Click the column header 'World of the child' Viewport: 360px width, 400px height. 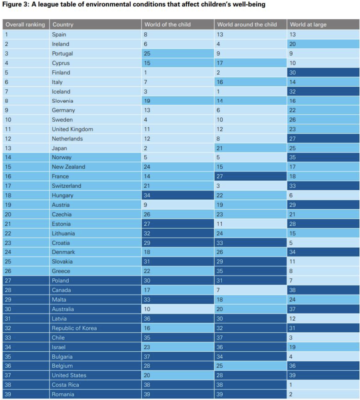[x=167, y=24]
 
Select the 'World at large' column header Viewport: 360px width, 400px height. [x=308, y=24]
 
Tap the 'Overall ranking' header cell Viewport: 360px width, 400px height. [x=25, y=24]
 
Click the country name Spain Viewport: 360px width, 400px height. [x=59, y=34]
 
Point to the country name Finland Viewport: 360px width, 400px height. [x=61, y=73]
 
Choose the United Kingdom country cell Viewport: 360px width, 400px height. [x=72, y=129]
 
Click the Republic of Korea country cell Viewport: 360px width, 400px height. [x=74, y=328]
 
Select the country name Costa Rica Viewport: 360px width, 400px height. [x=65, y=385]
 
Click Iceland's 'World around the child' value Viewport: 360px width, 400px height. [x=218, y=92]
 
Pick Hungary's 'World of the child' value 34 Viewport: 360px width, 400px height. [x=147, y=195]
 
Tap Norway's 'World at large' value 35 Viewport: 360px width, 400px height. [x=292, y=157]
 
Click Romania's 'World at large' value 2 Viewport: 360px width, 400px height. [x=291, y=394]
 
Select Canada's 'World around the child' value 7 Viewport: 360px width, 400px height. [x=218, y=290]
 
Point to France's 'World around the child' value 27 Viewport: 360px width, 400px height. [x=220, y=176]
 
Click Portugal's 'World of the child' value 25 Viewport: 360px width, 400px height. [x=147, y=53]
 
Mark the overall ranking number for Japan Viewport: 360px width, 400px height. [x=8, y=148]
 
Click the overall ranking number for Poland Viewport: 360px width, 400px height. [x=8, y=280]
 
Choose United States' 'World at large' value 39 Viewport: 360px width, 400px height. [x=292, y=375]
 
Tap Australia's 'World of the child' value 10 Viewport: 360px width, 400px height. [x=147, y=309]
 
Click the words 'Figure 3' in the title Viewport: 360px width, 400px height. [x=15, y=5]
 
